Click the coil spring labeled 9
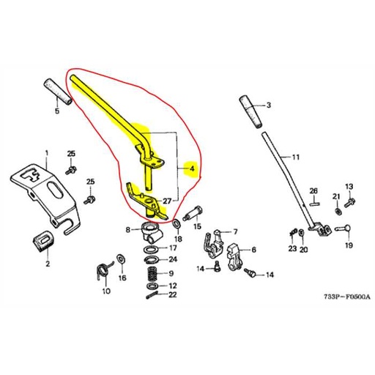(152, 273)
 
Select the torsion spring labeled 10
(105, 268)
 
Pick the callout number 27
(167, 201)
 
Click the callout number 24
(172, 259)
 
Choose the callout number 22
(172, 295)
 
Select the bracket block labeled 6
(235, 253)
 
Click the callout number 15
(197, 227)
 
